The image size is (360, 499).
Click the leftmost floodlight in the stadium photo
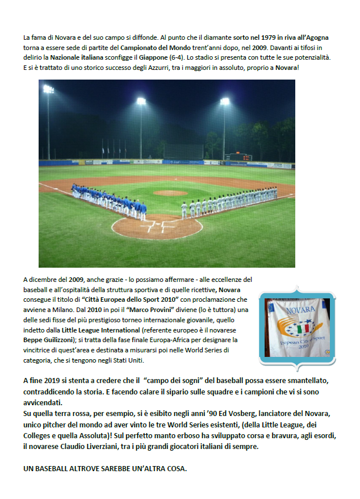click(x=48, y=89)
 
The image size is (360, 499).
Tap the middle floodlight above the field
click(x=141, y=101)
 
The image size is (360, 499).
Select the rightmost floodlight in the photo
click(x=224, y=101)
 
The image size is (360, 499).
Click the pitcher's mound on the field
click(x=170, y=193)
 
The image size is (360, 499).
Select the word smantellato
click(x=308, y=379)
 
